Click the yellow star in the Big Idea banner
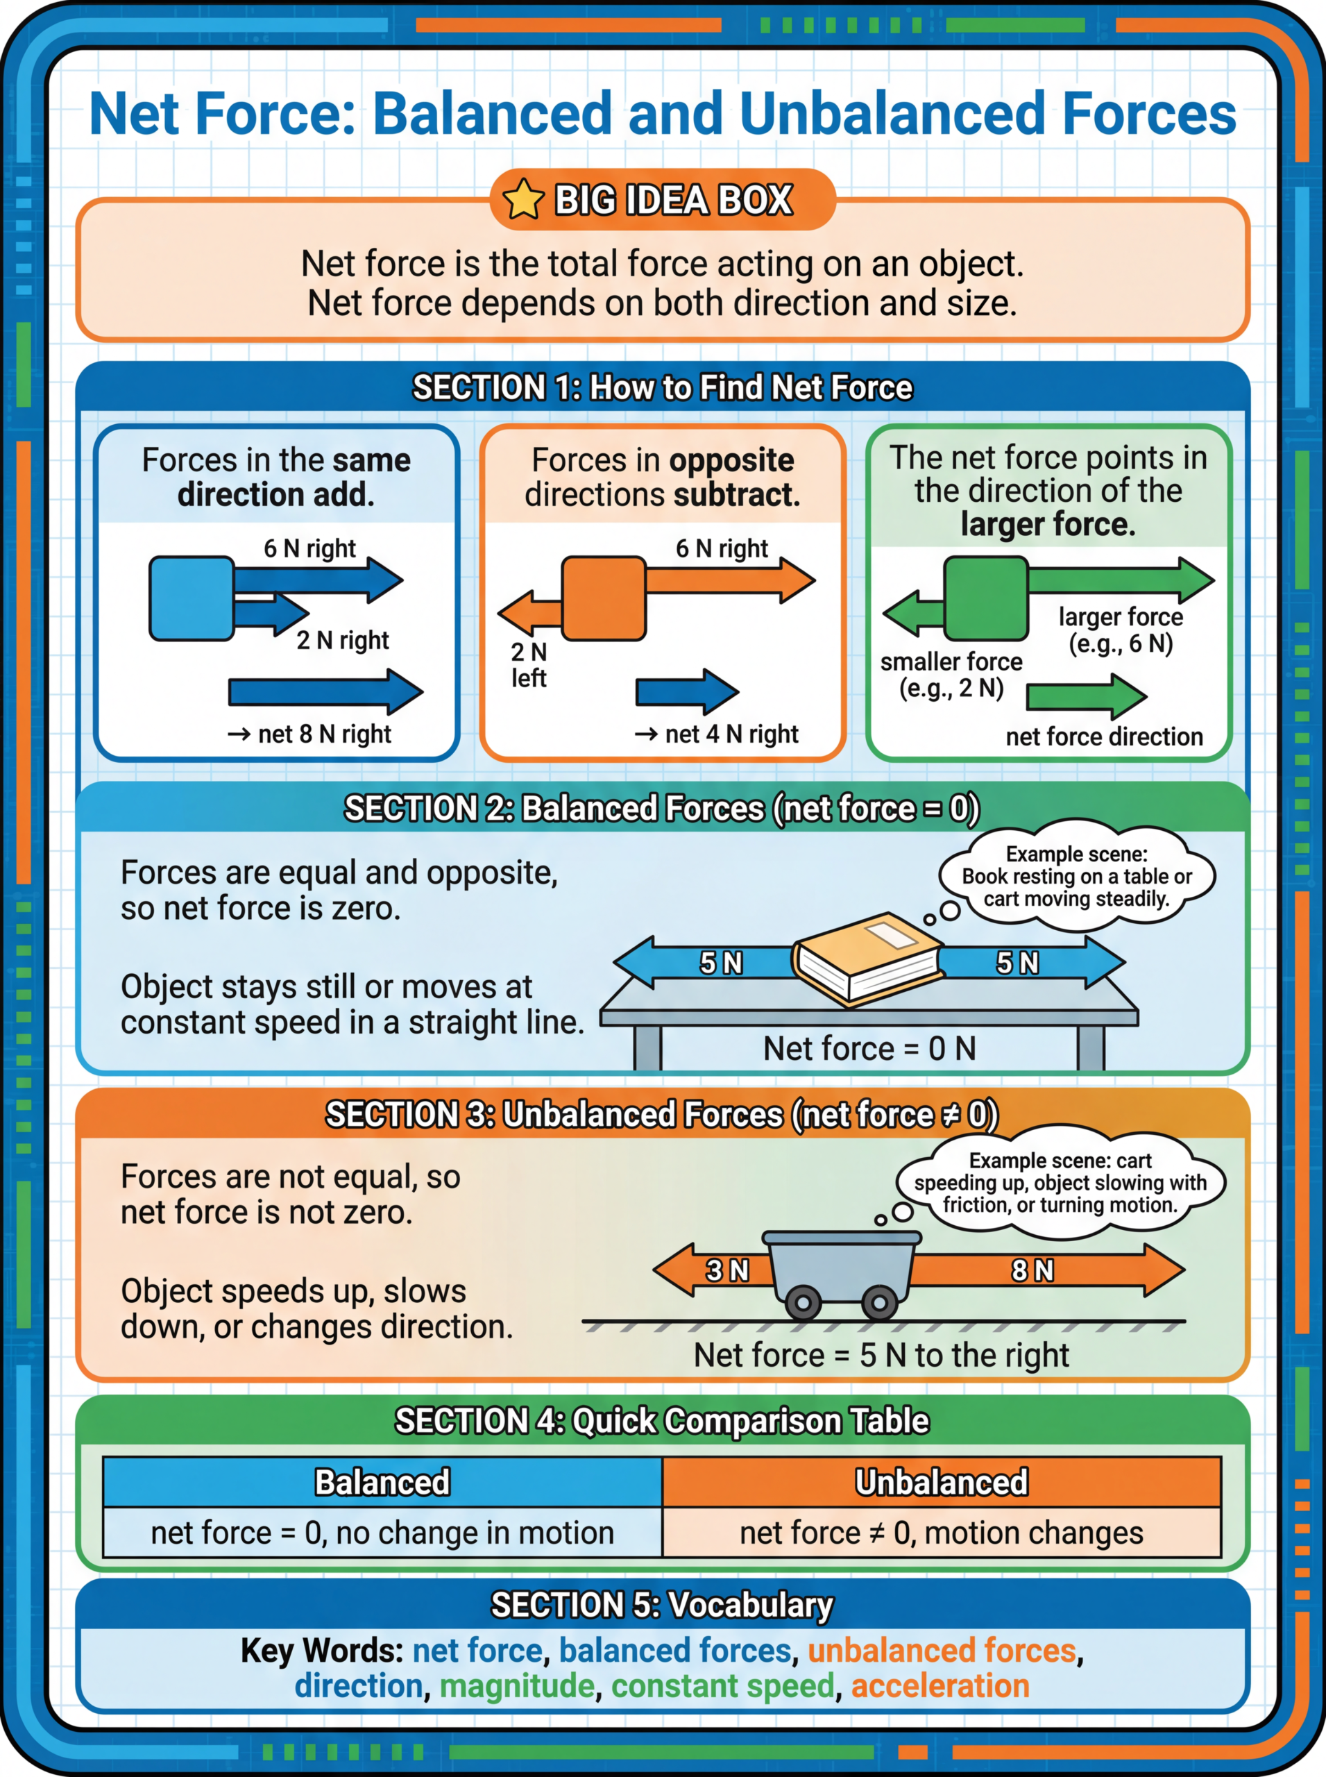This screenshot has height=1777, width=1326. pos(523,199)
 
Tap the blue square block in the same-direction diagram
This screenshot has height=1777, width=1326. pos(192,598)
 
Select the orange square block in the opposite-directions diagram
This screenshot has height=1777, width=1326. pos(604,598)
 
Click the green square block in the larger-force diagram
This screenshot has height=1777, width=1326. pos(986,598)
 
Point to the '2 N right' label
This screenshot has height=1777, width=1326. pos(343,640)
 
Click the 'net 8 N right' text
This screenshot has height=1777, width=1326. pos(310,734)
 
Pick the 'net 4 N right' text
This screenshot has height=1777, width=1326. pos(717,734)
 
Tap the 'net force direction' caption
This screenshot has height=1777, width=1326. pos(1105,736)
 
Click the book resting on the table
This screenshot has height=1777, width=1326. pos(867,958)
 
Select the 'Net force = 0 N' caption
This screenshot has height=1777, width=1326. pos(869,1048)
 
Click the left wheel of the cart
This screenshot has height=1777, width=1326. pos(803,1302)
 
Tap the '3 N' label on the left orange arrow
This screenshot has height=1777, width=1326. pos(727,1270)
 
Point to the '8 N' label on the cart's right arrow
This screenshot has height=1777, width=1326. pos(1032,1270)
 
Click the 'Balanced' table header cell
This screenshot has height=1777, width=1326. pos(383,1481)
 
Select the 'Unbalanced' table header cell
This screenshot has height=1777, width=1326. pos(942,1481)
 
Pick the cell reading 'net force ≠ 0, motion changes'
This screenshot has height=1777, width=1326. pos(942,1533)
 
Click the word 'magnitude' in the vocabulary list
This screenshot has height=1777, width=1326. pos(517,1685)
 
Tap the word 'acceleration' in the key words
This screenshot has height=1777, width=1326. pos(940,1685)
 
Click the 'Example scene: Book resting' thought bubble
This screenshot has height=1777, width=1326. pos(1076,876)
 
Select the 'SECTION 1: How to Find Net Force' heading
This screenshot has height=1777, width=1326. pos(663,387)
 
